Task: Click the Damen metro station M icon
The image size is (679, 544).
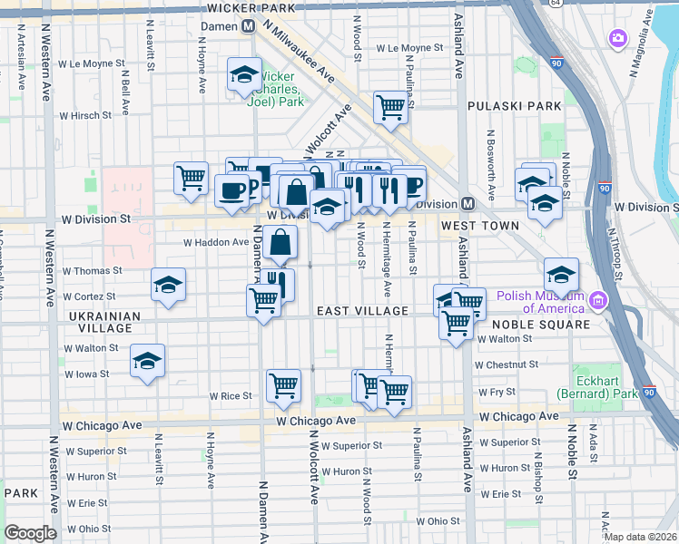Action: [248, 26]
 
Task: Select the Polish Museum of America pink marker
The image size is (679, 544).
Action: [597, 300]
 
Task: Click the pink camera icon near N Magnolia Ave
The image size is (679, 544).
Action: [618, 38]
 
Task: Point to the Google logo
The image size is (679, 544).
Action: [30, 533]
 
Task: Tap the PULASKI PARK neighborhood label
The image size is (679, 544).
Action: [502, 106]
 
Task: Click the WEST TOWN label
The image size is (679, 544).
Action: [480, 225]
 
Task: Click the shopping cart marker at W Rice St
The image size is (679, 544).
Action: [283, 384]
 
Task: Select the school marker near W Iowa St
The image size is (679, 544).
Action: [147, 361]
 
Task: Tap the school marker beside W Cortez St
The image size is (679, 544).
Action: [168, 285]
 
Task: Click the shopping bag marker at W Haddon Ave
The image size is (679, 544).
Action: [282, 241]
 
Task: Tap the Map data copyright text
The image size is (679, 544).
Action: [640, 537]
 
